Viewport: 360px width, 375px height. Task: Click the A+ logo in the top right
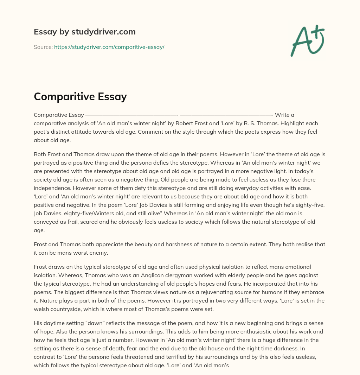(x=307, y=41)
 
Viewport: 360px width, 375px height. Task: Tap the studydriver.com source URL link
(x=109, y=47)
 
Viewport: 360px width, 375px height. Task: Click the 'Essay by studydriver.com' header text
(x=84, y=32)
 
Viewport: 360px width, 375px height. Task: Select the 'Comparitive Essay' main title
(x=80, y=96)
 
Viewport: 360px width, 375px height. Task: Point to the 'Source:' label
(x=43, y=47)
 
